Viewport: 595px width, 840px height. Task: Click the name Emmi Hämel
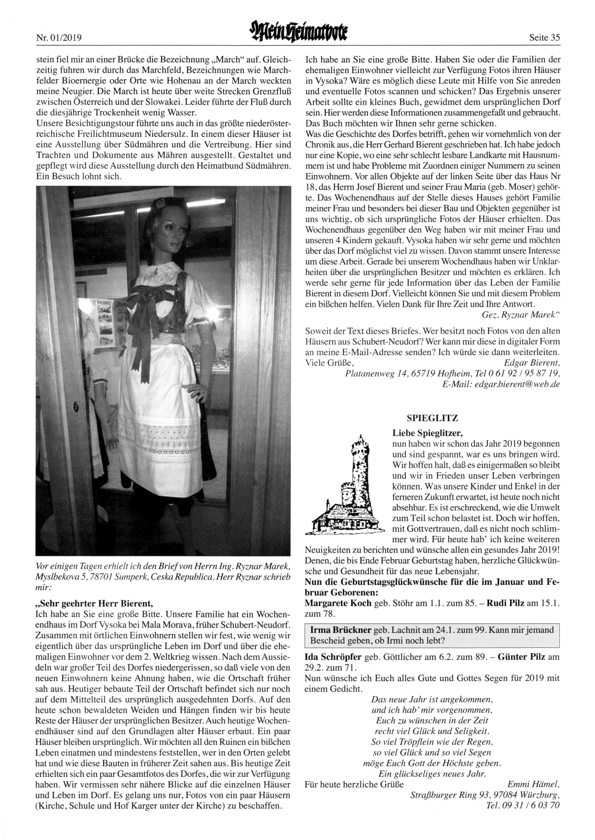pos(534,783)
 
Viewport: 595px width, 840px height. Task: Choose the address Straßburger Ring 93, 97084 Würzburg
pos(485,794)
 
